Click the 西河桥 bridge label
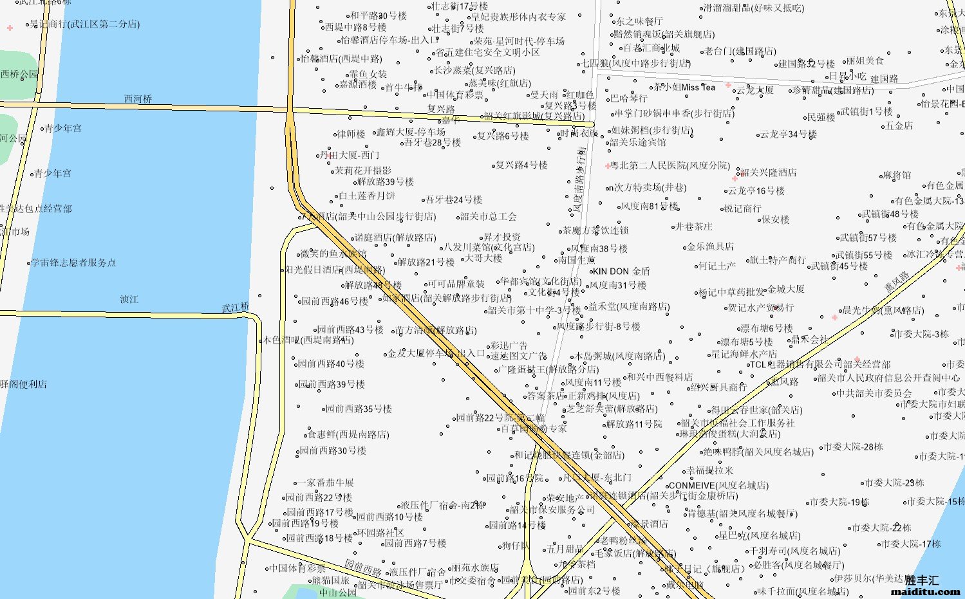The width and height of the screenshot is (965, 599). [x=138, y=99]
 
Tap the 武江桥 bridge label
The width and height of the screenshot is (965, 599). [x=236, y=308]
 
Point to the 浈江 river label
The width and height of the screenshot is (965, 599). [x=129, y=299]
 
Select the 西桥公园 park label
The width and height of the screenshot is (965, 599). [x=19, y=74]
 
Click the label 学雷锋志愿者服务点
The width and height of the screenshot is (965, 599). [x=73, y=263]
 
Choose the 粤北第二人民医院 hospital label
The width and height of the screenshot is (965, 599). [x=670, y=165]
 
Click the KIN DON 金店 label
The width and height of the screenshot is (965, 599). [x=621, y=272]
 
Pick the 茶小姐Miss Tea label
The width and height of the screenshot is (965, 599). [x=684, y=87]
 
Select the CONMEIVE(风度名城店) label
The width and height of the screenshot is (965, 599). [x=718, y=485]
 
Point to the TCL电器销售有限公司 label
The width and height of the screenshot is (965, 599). [x=796, y=364]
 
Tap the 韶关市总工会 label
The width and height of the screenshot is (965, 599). [x=488, y=216]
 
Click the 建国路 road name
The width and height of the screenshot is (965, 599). [x=884, y=79]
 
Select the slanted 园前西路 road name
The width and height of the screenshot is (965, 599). [x=362, y=567]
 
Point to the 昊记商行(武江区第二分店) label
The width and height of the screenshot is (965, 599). [x=84, y=24]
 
